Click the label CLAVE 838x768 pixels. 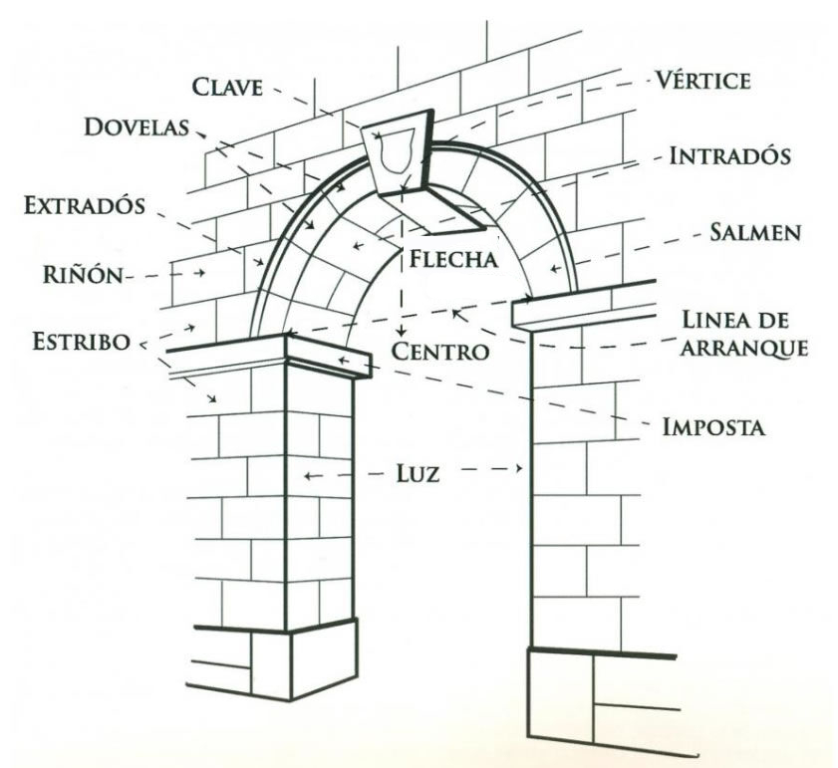tap(229, 89)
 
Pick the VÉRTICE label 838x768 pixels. tap(701, 81)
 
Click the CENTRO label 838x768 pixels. tap(439, 351)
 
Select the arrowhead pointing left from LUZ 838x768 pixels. tap(310, 476)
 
